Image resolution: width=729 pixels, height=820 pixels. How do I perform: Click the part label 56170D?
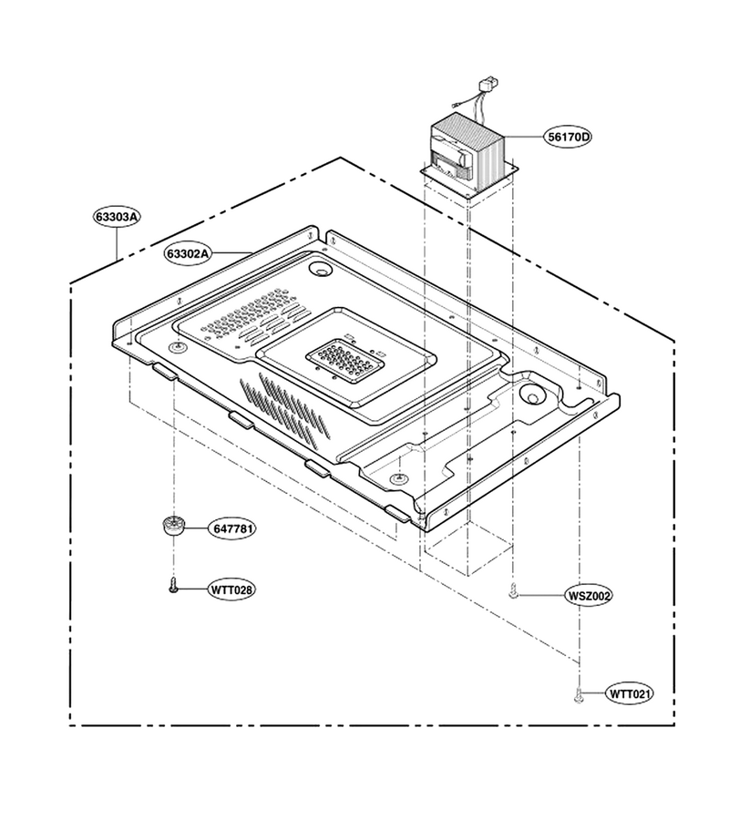[x=569, y=137]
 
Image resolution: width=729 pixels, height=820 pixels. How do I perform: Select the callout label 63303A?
[x=117, y=217]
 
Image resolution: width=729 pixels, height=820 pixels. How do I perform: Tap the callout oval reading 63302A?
[x=188, y=253]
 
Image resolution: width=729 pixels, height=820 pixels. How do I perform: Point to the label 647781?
[x=233, y=528]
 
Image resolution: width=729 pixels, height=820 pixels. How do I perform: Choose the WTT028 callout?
[x=231, y=589]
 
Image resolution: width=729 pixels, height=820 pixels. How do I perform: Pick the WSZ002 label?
[x=589, y=595]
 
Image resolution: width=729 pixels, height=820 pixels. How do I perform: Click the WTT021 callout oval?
[x=630, y=694]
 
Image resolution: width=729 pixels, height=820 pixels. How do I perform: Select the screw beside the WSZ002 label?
[x=514, y=591]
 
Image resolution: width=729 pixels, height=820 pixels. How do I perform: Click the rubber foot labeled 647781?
[x=172, y=525]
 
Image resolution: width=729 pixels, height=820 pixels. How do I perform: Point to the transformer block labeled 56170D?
[x=467, y=150]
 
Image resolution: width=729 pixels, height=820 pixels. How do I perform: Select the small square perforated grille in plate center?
[x=345, y=360]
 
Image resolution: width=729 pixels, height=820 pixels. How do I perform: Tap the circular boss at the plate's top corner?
[x=320, y=270]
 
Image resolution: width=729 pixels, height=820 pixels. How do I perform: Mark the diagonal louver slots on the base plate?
[x=285, y=407]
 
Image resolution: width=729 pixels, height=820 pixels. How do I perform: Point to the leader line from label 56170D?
[x=524, y=137]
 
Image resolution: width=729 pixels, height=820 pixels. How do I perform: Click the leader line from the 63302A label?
[x=232, y=253]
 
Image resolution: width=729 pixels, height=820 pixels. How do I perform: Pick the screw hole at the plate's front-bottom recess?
[x=399, y=477]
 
